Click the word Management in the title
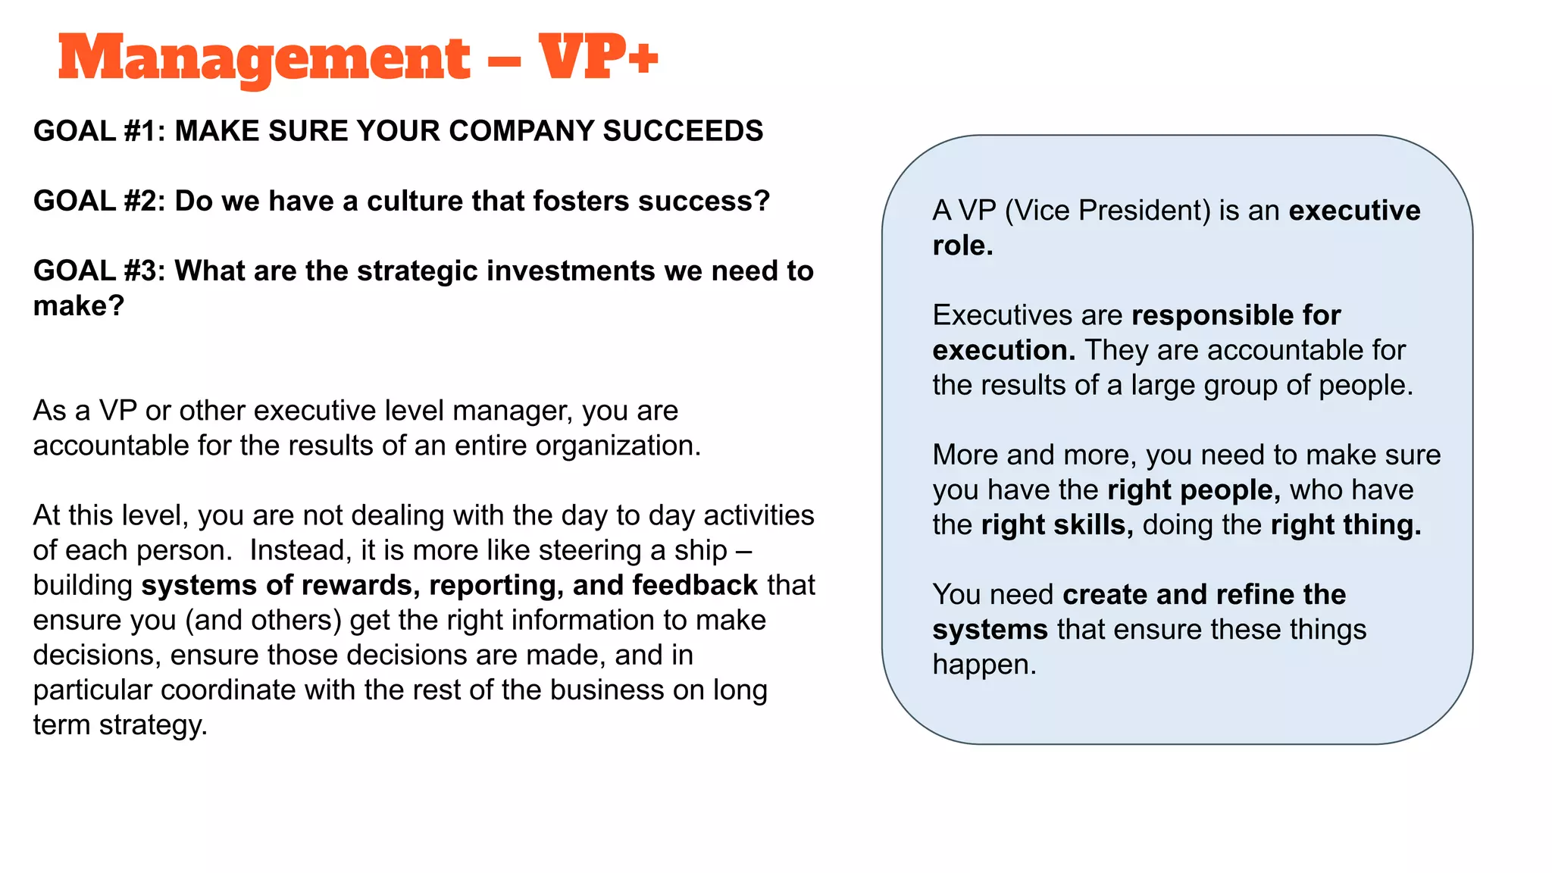[x=264, y=59]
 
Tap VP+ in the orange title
[x=598, y=58]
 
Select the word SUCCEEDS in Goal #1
[x=683, y=131]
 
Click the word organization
[x=618, y=446]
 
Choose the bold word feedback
[x=695, y=585]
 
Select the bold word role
[x=961, y=246]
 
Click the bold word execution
[x=1003, y=350]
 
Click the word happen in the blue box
[x=983, y=665]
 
